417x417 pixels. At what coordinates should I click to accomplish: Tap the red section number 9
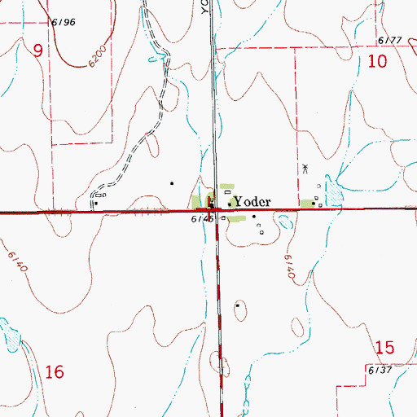pyautogui.click(x=37, y=50)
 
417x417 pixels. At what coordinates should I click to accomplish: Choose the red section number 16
pyautogui.click(x=55, y=373)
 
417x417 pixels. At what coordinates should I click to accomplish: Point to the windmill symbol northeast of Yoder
pyautogui.click(x=305, y=169)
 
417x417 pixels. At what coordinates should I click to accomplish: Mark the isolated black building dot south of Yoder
pyautogui.click(x=237, y=305)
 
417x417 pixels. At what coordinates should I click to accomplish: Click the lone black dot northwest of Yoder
pyautogui.click(x=171, y=183)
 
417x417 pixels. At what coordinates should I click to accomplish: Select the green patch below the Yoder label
pyautogui.click(x=236, y=218)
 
